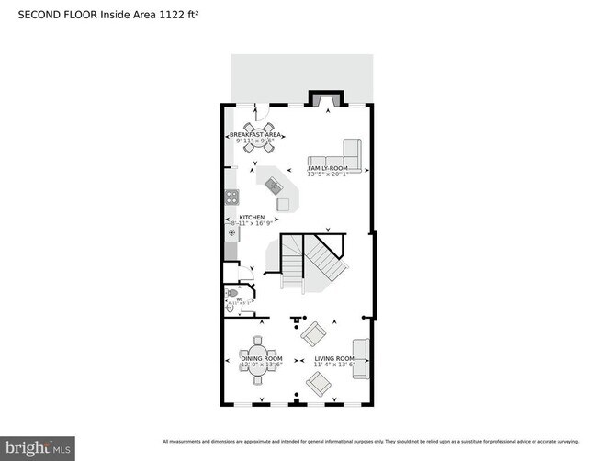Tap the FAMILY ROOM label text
[x=327, y=169]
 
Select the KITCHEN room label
[x=252, y=218]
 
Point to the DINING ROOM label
[x=262, y=358]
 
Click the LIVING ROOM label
[x=333, y=358]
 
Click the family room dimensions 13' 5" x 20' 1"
[x=327, y=175]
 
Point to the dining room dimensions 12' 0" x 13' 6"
[x=262, y=365]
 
